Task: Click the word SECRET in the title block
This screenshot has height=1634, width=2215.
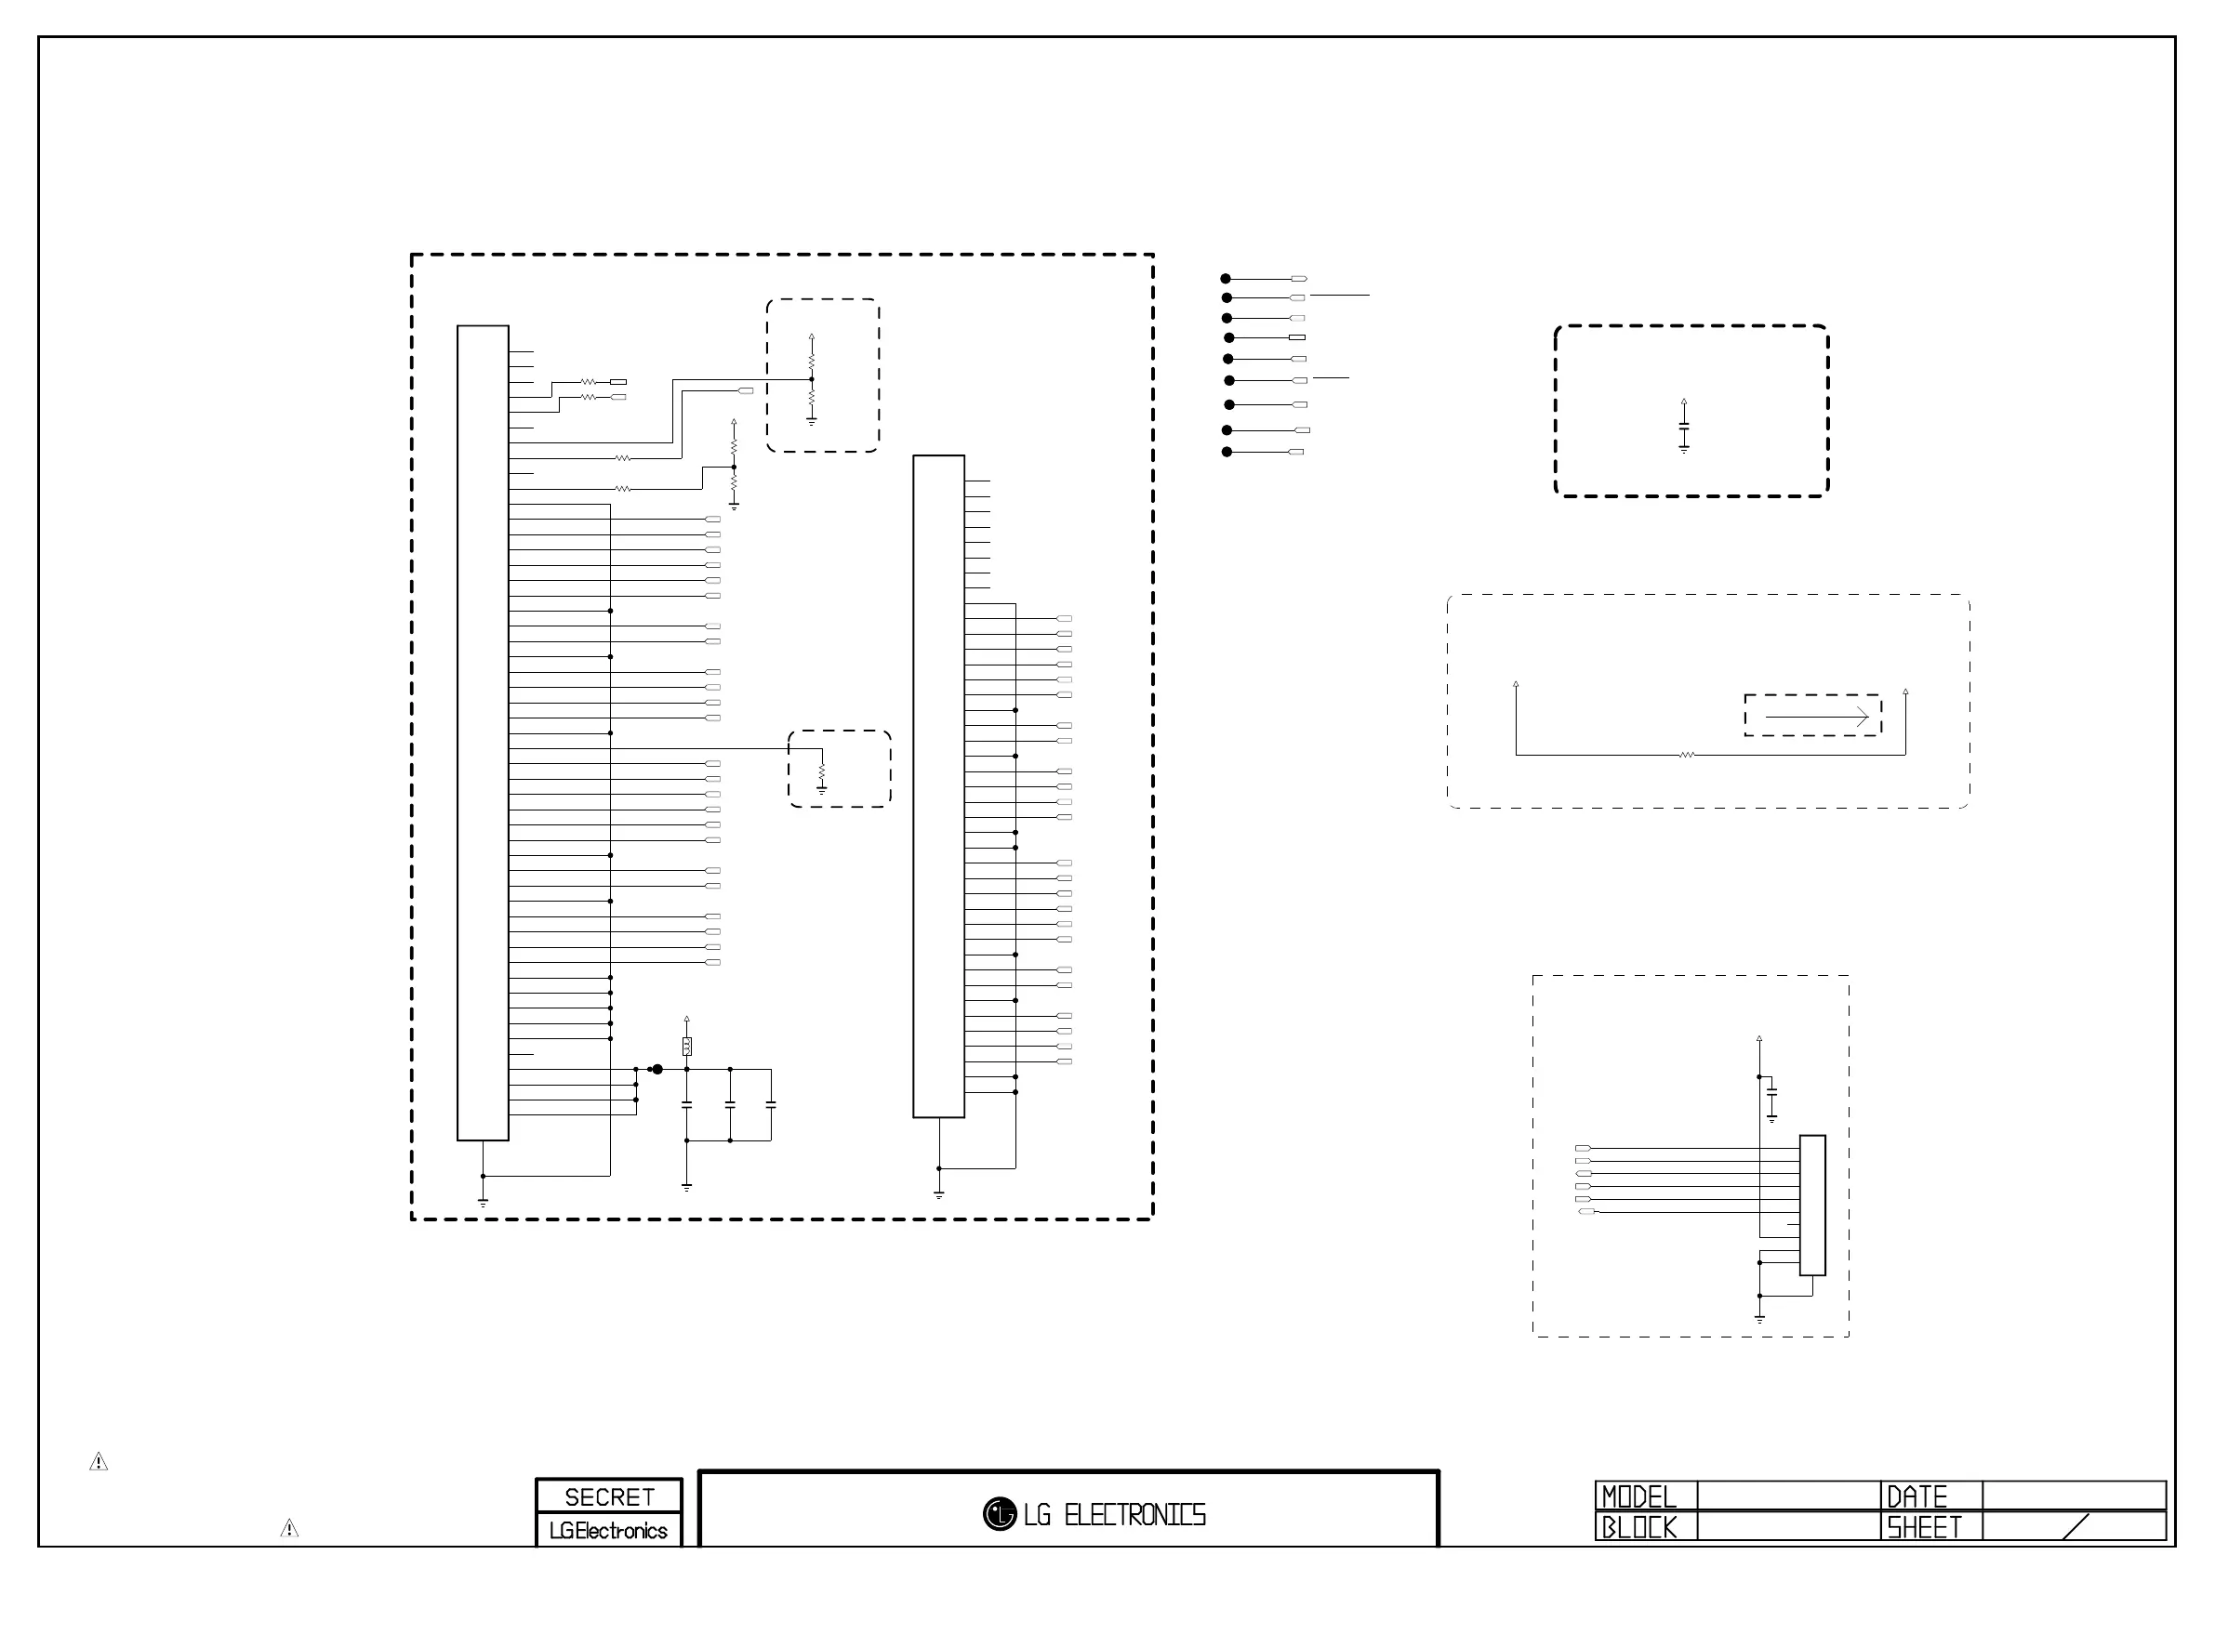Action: (608, 1496)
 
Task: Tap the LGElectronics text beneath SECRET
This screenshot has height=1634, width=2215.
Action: (608, 1530)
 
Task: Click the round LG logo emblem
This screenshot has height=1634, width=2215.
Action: (1000, 1513)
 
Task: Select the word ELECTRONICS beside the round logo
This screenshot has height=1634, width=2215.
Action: (1134, 1514)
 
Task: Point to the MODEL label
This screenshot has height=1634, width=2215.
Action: (1638, 1496)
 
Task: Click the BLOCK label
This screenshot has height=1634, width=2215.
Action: (1638, 1527)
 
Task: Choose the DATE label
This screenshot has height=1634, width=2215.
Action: (1917, 1496)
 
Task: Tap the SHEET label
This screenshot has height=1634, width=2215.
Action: (1923, 1527)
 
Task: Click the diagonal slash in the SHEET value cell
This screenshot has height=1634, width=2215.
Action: (2076, 1527)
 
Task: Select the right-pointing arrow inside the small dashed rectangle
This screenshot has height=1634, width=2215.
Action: (1816, 716)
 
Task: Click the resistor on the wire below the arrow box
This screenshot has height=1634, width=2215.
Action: (1687, 755)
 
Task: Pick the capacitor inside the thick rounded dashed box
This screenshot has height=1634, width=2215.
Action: (1684, 427)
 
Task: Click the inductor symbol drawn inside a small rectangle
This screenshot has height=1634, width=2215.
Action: (686, 1046)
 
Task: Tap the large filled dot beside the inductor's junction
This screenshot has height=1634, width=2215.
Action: (657, 1069)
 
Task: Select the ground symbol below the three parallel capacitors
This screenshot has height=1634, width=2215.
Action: (686, 1186)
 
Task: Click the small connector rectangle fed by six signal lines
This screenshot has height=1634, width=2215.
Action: (1812, 1205)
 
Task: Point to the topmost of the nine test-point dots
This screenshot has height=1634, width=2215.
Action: (1226, 279)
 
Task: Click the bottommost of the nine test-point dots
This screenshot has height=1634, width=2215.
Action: (1227, 452)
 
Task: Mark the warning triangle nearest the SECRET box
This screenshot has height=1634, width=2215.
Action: (289, 1528)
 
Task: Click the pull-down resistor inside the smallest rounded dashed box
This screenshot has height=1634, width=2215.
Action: (821, 771)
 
